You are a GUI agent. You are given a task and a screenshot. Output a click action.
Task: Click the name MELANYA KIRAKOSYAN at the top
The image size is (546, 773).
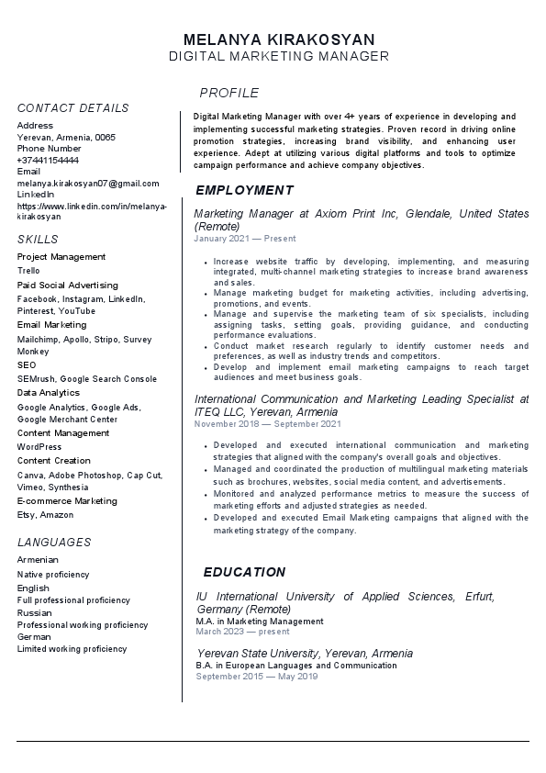coord(279,39)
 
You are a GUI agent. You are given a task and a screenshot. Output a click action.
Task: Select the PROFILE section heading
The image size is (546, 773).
coord(229,93)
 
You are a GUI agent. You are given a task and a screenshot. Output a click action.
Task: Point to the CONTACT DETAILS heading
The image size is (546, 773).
coord(73,108)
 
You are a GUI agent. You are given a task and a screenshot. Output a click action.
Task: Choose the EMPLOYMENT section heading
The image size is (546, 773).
coord(244,190)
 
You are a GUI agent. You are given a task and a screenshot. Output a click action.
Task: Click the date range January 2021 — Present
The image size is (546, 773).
coord(245,239)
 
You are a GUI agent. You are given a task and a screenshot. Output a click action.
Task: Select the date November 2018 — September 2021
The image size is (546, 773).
coord(268,424)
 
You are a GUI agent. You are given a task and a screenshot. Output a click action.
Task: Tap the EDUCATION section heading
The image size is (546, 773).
coord(244,571)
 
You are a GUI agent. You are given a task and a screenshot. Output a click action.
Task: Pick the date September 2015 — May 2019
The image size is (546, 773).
coord(256,677)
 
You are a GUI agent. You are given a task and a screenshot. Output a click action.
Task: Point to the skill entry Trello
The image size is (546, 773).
coord(28,271)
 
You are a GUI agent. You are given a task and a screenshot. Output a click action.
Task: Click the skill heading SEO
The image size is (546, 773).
coord(27,365)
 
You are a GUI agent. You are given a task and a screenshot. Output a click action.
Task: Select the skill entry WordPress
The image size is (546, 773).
coord(39,447)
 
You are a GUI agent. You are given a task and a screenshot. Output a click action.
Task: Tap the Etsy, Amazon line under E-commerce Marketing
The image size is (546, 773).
coord(45,515)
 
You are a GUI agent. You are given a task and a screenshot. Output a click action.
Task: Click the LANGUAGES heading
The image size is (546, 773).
coord(54,543)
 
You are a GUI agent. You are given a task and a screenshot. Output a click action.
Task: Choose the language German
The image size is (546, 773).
coord(34,636)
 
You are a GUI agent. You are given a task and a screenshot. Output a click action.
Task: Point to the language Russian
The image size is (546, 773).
coord(35,612)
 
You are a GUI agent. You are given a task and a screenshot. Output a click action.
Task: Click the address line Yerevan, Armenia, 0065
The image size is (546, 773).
coord(66,137)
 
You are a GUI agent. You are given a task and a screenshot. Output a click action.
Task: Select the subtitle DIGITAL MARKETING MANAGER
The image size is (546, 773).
coord(279,57)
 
